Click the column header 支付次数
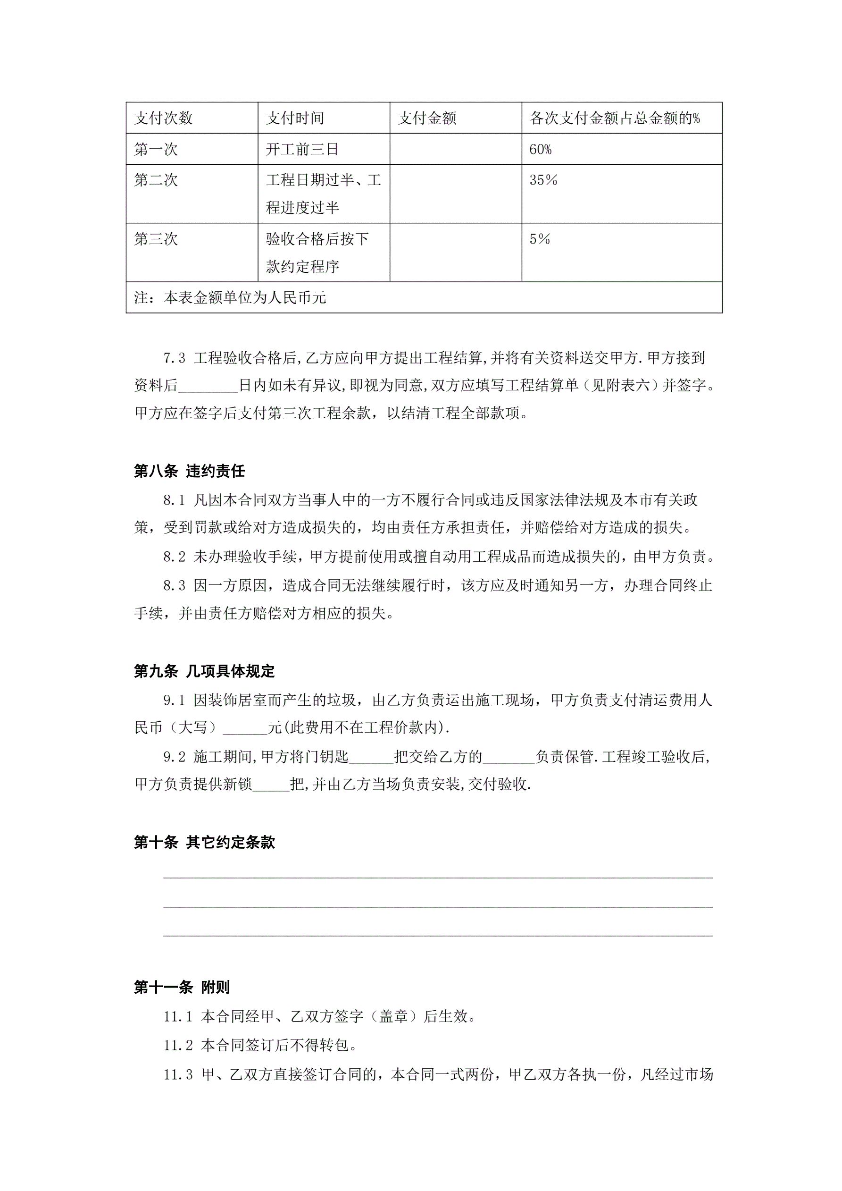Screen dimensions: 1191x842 (163, 118)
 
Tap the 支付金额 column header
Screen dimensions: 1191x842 (427, 118)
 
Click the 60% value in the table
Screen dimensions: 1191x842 (540, 149)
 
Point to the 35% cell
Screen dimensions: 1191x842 (543, 180)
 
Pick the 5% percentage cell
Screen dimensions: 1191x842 (539, 239)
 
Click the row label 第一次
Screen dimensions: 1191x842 (156, 149)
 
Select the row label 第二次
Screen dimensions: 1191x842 (156, 180)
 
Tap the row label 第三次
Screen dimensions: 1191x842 (156, 239)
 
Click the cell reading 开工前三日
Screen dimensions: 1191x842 (302, 149)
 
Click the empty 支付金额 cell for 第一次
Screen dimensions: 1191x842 (455, 149)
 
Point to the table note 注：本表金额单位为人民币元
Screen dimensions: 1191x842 (230, 298)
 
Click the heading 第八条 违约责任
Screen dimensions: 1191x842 (189, 471)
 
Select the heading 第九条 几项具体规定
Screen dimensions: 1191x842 (204, 671)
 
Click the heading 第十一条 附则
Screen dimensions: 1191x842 (182, 987)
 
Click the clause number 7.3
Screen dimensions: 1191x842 (174, 358)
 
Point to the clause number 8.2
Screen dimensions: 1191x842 (174, 557)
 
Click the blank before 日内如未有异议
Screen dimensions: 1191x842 (208, 387)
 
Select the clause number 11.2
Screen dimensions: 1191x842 (178, 1045)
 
